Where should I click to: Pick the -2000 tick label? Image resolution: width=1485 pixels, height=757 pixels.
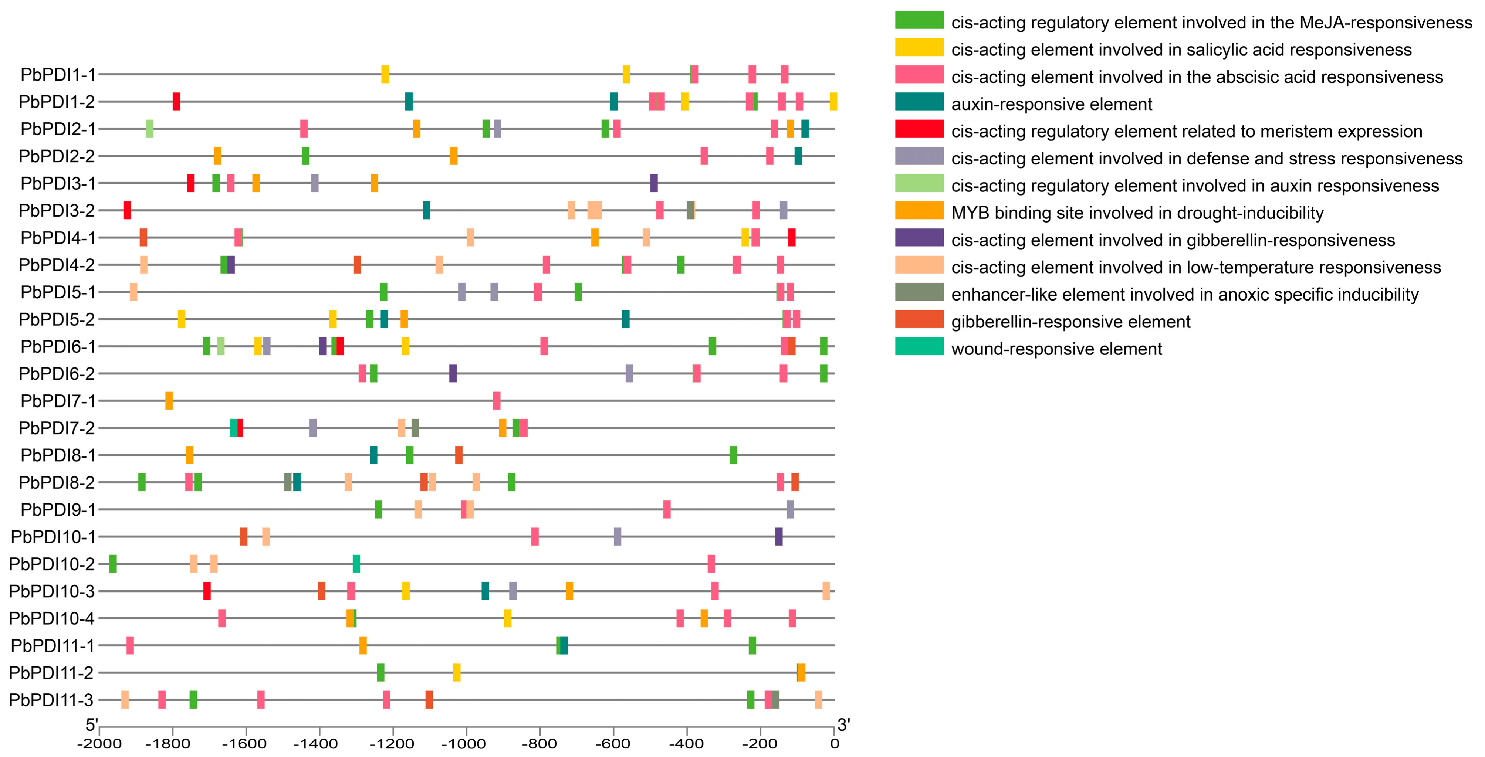pos(99,744)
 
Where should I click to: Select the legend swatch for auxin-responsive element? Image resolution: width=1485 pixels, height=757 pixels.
pos(919,102)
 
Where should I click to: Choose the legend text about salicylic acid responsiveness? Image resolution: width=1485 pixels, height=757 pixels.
pos(1181,50)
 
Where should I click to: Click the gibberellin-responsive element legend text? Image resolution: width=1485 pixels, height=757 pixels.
pos(1070,322)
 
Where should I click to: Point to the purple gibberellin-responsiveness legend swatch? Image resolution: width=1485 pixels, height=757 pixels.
pos(919,238)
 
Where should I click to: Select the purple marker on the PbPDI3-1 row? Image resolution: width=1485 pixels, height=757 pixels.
pos(654,183)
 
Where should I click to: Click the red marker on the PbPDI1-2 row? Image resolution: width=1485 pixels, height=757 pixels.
pos(176,101)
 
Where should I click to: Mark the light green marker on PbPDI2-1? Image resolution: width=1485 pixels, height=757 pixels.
pos(150,129)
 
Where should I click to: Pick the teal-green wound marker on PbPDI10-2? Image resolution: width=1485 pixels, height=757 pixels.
pos(356,564)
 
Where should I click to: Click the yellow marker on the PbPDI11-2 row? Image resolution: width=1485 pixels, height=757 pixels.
pos(457,673)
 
